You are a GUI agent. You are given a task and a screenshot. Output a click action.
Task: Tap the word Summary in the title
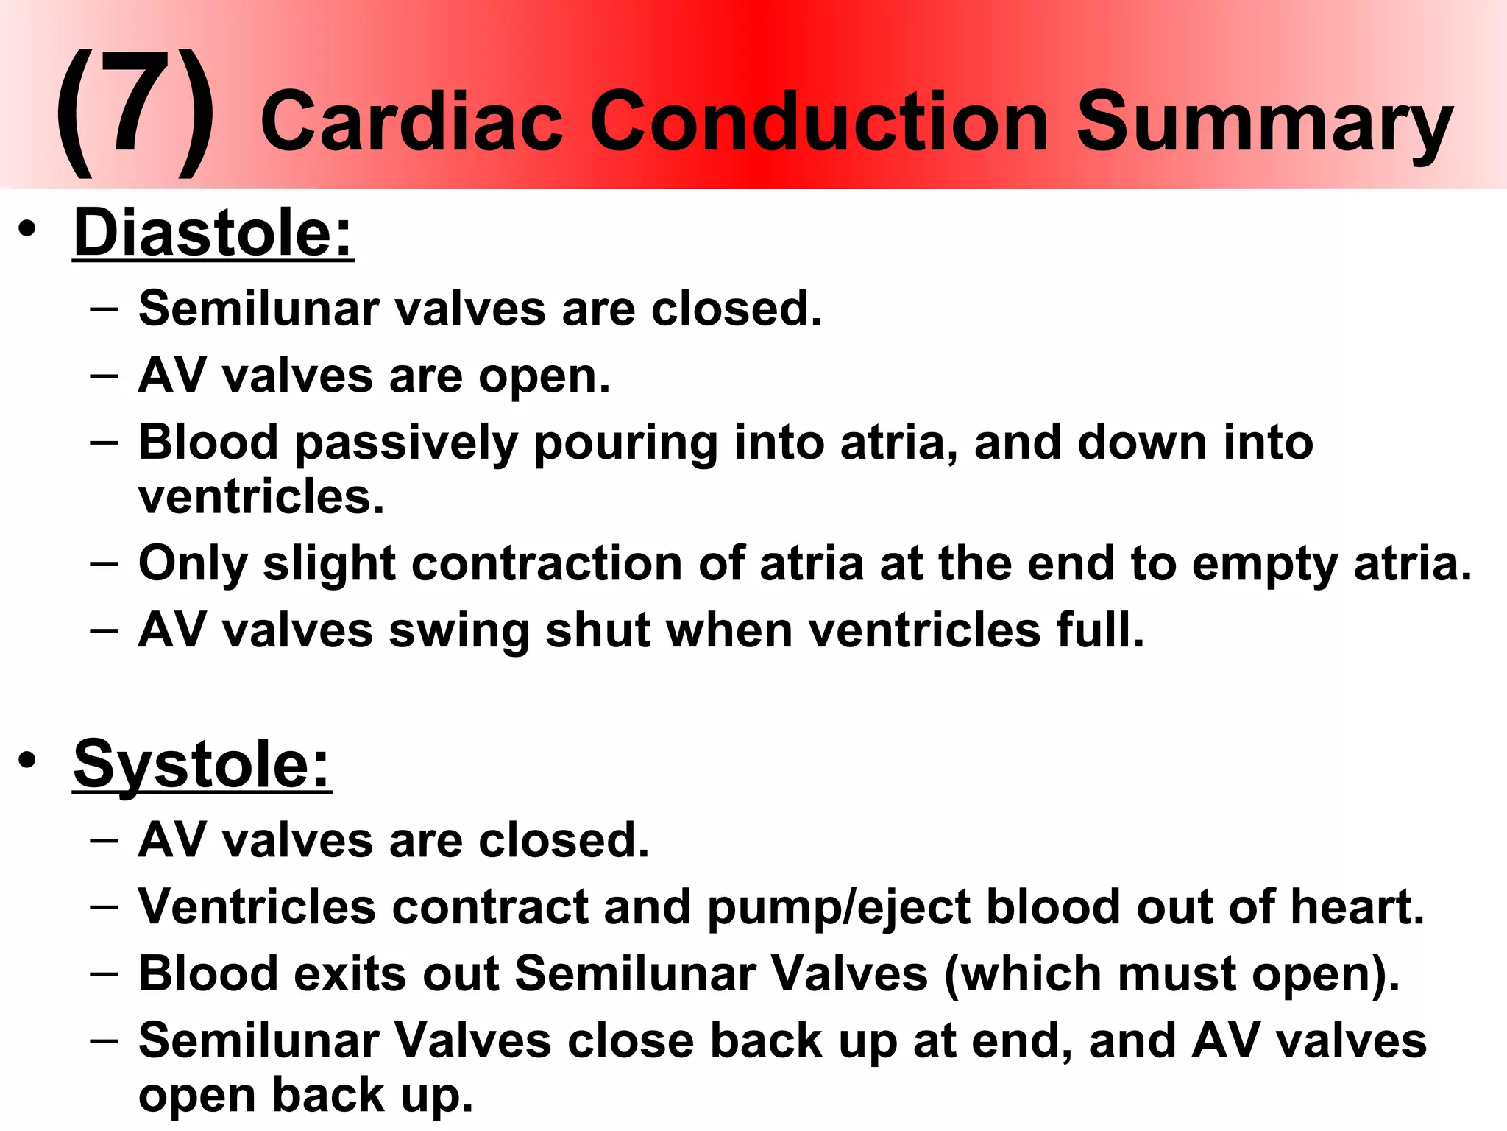1263,124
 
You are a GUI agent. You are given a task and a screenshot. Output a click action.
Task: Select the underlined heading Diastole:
213,233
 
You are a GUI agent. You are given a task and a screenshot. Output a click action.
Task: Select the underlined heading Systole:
202,765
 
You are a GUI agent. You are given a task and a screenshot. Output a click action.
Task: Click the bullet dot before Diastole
27,230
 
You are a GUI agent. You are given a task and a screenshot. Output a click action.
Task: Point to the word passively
405,444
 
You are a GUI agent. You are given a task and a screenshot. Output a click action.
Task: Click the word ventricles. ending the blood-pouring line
261,497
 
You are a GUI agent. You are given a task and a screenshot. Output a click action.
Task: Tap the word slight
329,565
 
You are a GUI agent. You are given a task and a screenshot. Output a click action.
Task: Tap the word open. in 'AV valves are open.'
544,378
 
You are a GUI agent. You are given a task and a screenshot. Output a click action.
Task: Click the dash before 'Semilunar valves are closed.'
104,309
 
